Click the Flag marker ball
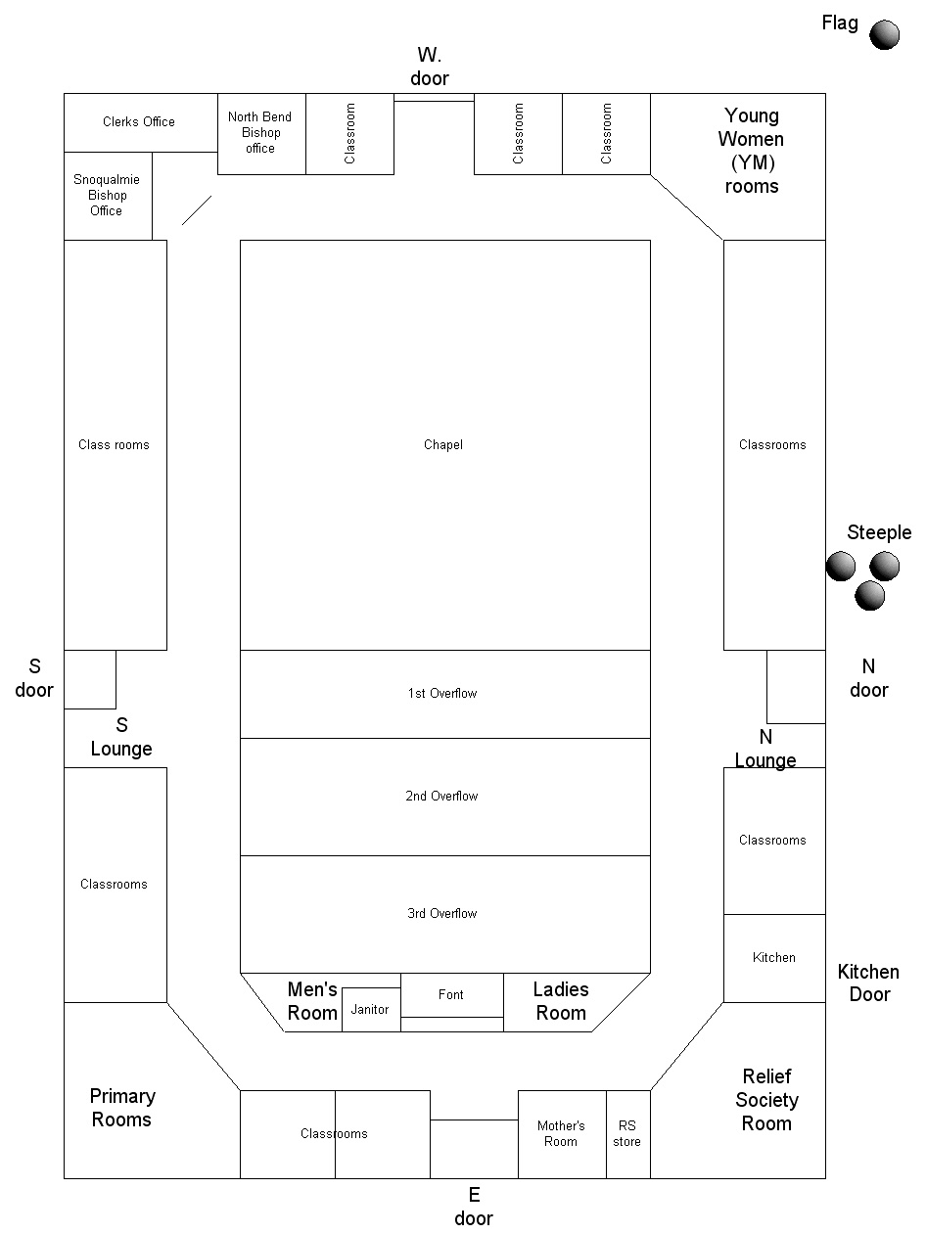tap(884, 34)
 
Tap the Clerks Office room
tap(141, 122)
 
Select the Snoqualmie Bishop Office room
tap(108, 196)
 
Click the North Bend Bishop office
tap(261, 134)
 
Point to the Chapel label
tap(443, 444)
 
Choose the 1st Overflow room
tap(445, 694)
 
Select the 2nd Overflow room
tap(445, 797)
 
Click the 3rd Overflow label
tap(441, 914)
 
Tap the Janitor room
tap(371, 1010)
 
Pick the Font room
tap(452, 995)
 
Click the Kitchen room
tap(774, 958)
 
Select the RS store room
tap(628, 1134)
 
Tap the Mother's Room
tap(562, 1134)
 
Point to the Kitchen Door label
tap(868, 983)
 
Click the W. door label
tap(430, 67)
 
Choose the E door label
tap(474, 1207)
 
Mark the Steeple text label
tap(879, 532)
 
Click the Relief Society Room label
tap(766, 1100)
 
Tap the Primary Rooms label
tap(122, 1108)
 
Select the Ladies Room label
tap(561, 1001)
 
